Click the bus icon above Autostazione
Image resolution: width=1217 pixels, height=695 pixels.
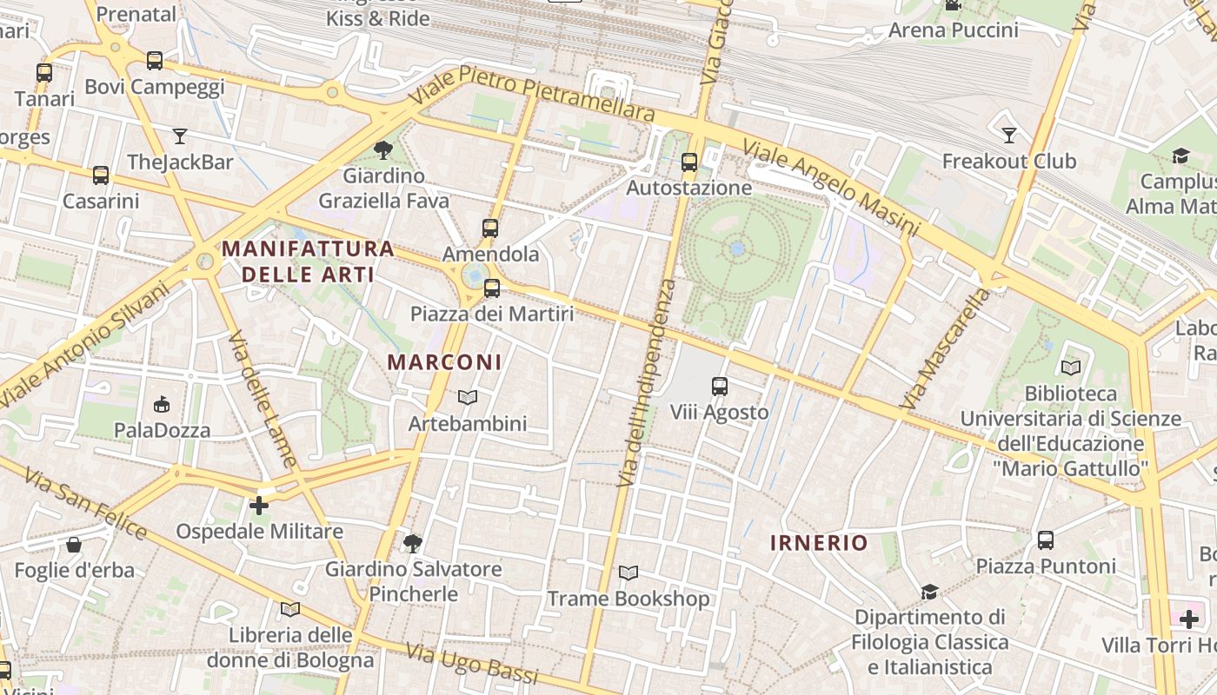click(x=689, y=162)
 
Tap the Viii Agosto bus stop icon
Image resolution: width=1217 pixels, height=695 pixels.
click(x=720, y=387)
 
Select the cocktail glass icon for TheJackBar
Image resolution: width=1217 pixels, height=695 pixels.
click(x=180, y=136)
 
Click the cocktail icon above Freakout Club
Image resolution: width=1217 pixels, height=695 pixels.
click(x=1009, y=136)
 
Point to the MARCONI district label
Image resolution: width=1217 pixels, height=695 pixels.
click(x=444, y=362)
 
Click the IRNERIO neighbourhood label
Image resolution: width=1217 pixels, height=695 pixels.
click(x=819, y=543)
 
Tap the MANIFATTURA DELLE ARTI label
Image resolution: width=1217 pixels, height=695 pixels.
click(x=308, y=261)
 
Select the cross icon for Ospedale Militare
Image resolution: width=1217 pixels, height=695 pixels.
click(x=259, y=506)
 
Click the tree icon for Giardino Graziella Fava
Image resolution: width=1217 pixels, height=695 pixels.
click(x=383, y=150)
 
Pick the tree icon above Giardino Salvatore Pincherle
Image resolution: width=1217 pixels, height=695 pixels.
click(x=412, y=544)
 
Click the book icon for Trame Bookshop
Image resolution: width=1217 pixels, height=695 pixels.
click(x=628, y=573)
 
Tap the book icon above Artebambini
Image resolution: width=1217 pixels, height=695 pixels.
click(x=468, y=398)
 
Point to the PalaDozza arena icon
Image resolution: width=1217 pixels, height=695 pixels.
click(x=162, y=405)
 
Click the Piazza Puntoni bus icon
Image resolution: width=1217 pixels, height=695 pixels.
click(x=1046, y=540)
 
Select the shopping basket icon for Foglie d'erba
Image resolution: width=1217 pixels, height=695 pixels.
click(x=74, y=545)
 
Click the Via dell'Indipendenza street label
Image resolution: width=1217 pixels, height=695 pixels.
click(x=646, y=382)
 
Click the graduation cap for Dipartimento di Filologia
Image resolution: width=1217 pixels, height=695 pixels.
click(x=929, y=592)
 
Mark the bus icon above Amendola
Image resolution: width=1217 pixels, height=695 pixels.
click(x=490, y=228)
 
